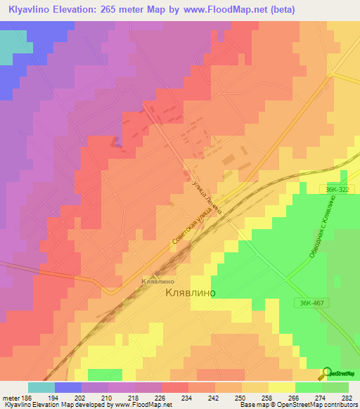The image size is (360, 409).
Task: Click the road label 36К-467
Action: pyautogui.click(x=309, y=303)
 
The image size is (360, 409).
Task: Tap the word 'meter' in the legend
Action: pyautogui.click(x=11, y=398)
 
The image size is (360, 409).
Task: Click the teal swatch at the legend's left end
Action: pyautogui.click(x=41, y=387)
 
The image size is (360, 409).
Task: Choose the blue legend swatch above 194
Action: pyautogui.click(x=68, y=387)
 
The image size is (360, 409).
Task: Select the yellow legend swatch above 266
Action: pyautogui.click(x=281, y=387)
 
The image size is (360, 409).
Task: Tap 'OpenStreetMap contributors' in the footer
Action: pyautogui.click(x=323, y=405)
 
